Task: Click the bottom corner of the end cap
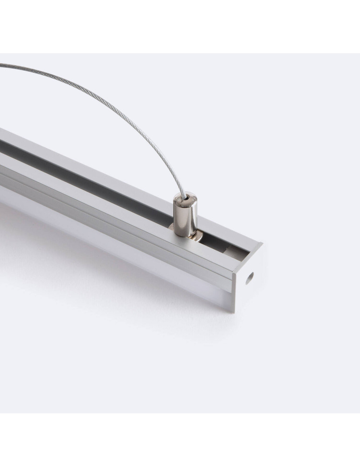point(234,310)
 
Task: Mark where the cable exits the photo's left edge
point(1,65)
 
